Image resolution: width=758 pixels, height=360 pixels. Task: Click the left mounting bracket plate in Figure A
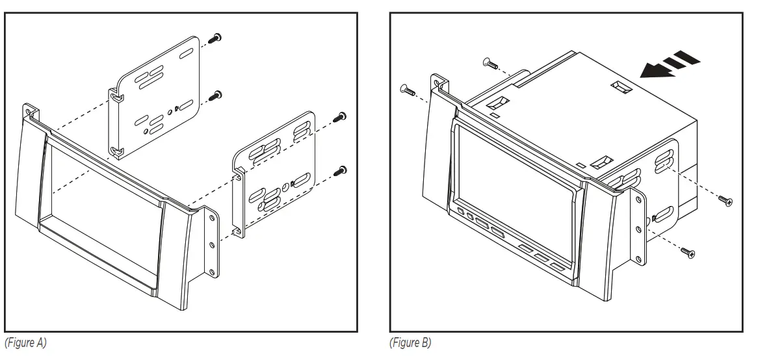(x=156, y=97)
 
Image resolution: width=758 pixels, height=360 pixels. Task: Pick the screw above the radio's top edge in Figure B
(x=488, y=62)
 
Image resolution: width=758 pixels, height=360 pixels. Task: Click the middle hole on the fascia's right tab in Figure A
(x=211, y=245)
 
